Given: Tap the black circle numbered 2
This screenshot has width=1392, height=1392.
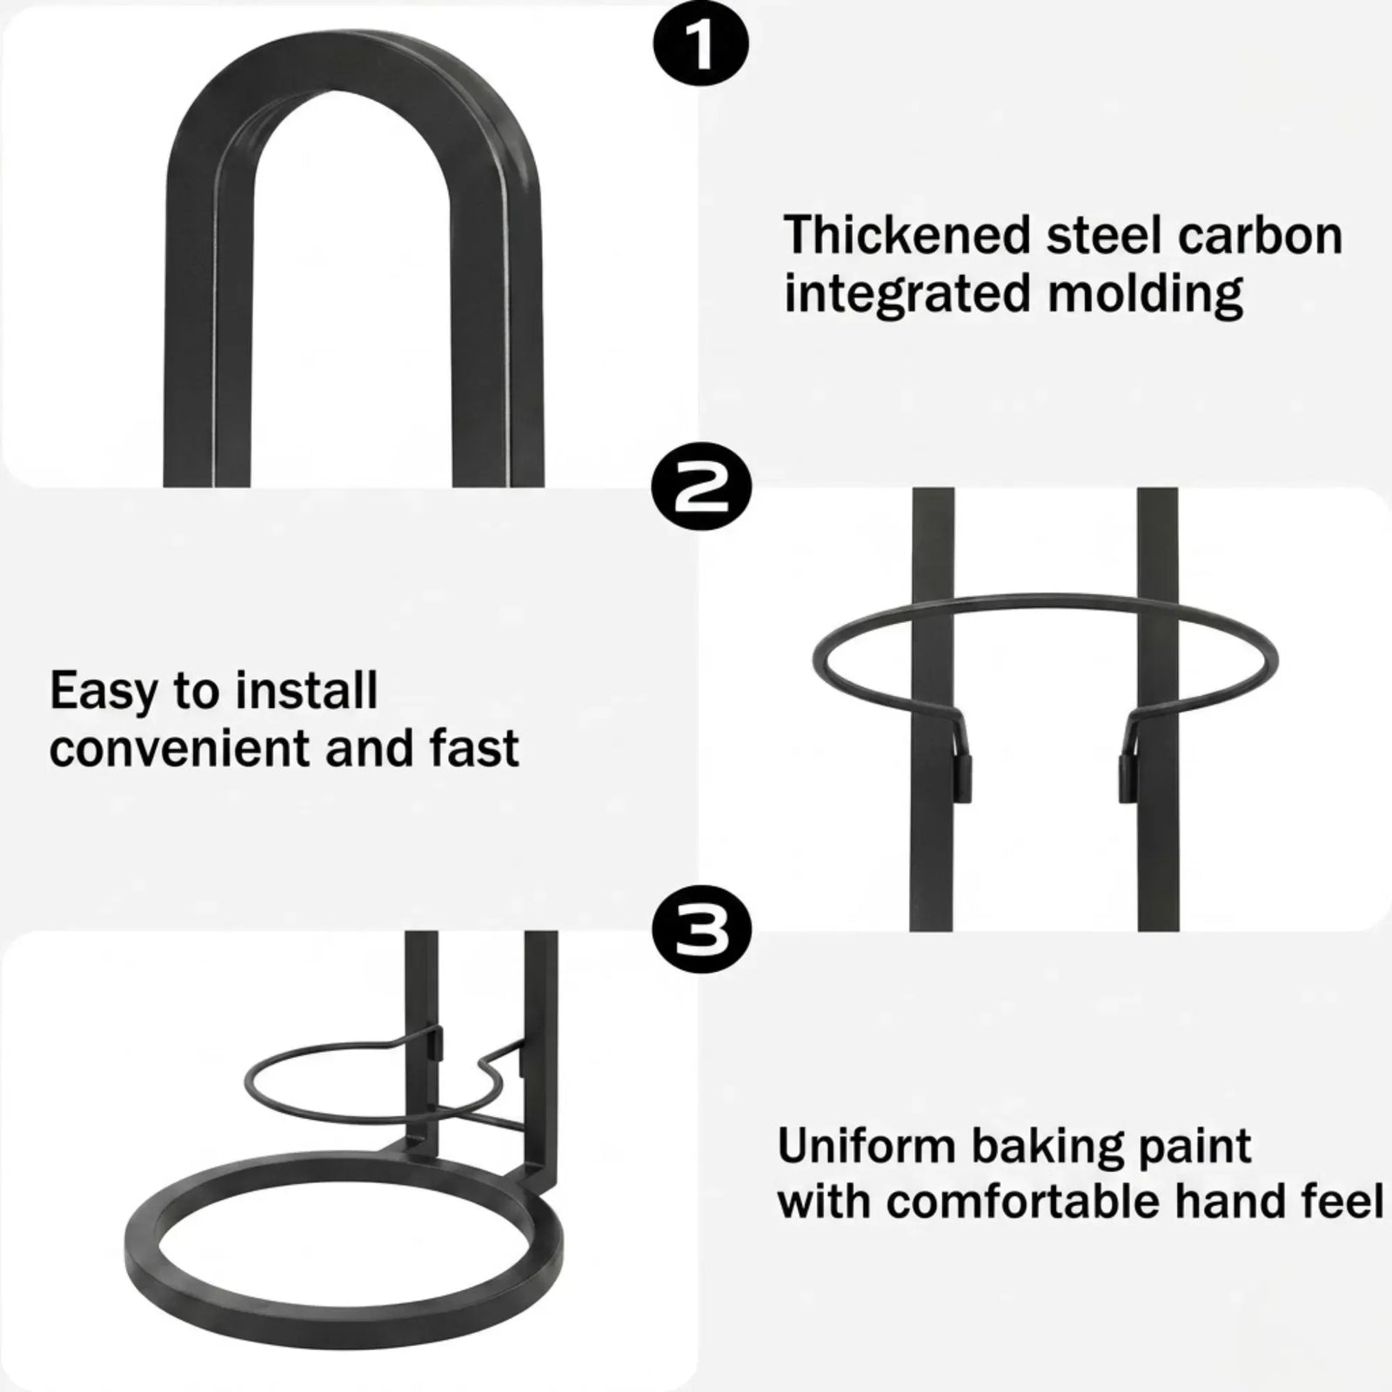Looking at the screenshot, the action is (700, 492).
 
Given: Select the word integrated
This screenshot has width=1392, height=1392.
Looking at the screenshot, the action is (908, 294).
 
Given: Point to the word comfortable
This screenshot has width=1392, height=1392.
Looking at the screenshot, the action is (1022, 1201).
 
